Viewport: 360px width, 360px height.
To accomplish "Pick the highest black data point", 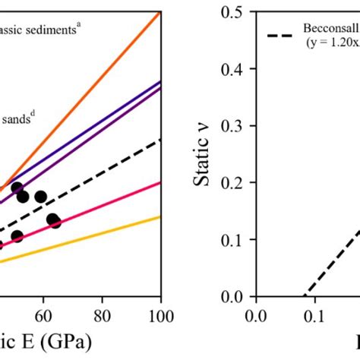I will point(17,188).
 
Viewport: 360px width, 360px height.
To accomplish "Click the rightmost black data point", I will point(55,223).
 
